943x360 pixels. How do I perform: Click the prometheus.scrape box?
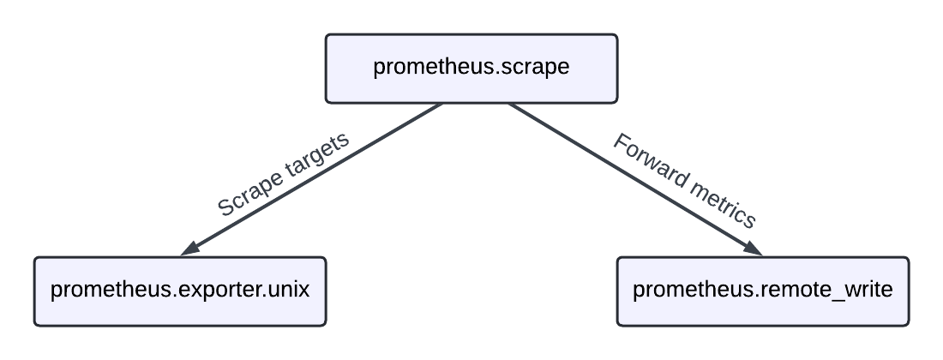(471, 69)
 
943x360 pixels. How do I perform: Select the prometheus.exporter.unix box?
(180, 291)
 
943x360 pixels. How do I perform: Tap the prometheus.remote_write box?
(762, 291)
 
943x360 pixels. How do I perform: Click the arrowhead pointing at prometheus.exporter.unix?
(190, 249)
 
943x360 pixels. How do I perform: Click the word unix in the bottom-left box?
(288, 290)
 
